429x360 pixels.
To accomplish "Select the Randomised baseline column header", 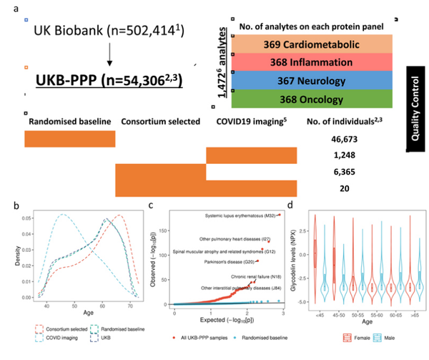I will click(x=69, y=121).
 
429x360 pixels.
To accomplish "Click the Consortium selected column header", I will click(x=161, y=121).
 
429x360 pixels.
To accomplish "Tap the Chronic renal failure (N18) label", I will click(x=237, y=276).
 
